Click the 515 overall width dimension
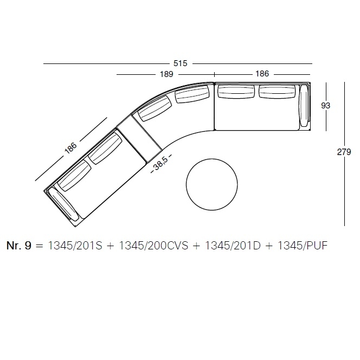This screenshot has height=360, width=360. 181,63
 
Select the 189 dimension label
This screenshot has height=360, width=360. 166,74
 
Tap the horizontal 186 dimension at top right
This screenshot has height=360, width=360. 262,74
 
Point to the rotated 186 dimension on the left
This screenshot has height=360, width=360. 70,148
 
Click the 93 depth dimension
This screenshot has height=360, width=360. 325,106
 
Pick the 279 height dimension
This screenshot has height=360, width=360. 344,152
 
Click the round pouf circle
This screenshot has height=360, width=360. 211,184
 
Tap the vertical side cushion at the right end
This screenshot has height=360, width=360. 304,106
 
